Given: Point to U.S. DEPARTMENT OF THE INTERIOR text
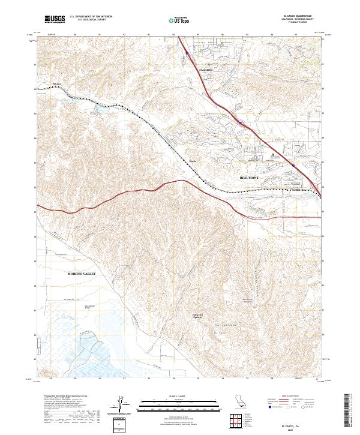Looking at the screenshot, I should pos(91,17).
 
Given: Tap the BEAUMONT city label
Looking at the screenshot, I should pos(251,178).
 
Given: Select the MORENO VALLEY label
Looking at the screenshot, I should pos(78,274).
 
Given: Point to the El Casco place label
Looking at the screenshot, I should pos(58,83).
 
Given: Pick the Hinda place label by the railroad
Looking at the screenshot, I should pos(193,161).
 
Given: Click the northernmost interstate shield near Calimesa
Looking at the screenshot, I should pos(187,53).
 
